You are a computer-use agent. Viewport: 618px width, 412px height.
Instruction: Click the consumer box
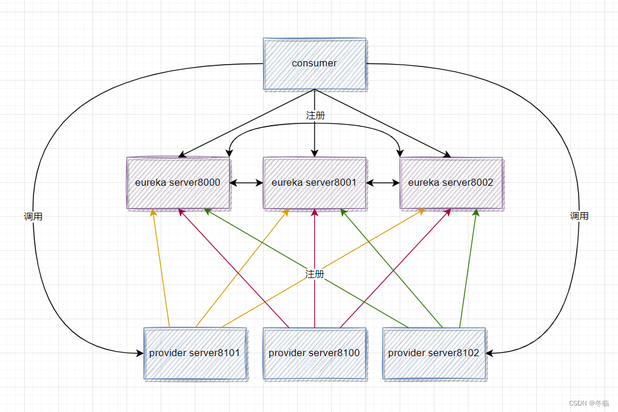[314, 64]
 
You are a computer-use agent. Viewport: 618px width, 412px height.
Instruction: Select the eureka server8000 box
[178, 183]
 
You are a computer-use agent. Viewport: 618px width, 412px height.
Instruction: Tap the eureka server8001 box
[314, 183]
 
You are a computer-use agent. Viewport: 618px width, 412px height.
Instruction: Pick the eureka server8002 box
[451, 183]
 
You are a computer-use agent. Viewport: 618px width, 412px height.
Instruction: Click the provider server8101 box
[195, 353]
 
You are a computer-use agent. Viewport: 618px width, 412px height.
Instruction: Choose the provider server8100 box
[314, 353]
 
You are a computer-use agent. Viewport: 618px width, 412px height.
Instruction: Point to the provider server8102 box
[434, 353]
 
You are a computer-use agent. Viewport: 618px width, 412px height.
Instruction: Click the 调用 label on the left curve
[33, 216]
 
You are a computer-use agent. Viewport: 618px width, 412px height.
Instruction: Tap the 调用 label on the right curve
[579, 216]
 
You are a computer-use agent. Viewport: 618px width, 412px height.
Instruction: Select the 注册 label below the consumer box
[315, 115]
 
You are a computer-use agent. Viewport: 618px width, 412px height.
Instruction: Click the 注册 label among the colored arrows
[314, 274]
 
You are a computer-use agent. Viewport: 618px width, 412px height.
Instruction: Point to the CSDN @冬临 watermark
[589, 403]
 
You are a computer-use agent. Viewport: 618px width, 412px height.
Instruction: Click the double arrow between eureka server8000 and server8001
[247, 183]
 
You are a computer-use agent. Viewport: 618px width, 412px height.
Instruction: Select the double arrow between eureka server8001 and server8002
[383, 183]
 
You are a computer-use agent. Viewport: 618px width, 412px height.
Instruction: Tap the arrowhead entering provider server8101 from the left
[139, 353]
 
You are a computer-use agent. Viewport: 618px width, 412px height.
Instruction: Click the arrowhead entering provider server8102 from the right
[490, 353]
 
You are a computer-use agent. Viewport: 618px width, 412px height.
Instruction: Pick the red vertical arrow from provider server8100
[314, 268]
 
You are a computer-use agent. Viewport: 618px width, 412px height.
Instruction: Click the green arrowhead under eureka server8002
[476, 213]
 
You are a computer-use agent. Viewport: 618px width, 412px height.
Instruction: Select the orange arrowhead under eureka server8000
[153, 213]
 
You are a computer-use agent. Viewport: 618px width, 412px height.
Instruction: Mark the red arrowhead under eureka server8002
[447, 213]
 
